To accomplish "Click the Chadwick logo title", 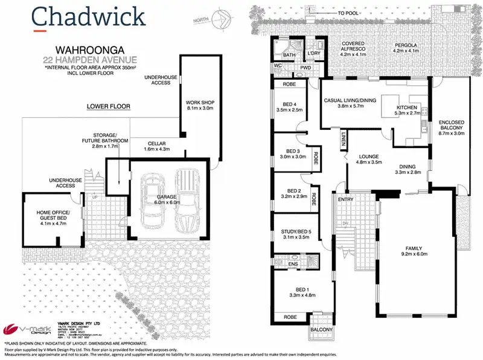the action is (x=89, y=16).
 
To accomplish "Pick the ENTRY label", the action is (x=345, y=200).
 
